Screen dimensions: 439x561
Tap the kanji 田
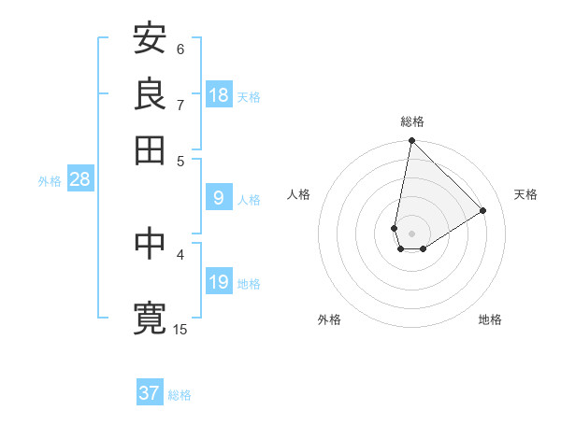150,149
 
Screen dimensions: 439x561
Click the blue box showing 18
219,95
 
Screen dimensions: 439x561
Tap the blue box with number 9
219,198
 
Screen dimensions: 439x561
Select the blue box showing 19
219,282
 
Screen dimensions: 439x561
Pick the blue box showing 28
79,179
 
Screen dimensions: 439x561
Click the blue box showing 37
150,393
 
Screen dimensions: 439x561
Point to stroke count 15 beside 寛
180,329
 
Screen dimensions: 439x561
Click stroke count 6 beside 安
180,49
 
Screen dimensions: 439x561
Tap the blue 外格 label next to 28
50,181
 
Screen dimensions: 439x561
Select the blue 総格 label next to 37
180,395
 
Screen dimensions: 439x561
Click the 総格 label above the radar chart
411,121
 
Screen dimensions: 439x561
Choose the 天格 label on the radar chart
526,194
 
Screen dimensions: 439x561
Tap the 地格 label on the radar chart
490,319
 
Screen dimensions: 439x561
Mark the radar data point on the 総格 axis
411,142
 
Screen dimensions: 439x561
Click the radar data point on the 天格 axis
483,210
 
